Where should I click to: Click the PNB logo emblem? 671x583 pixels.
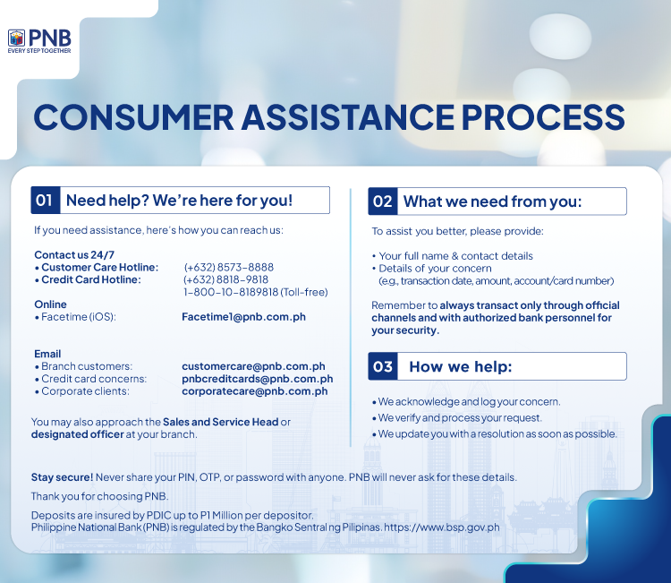pyautogui.click(x=16, y=38)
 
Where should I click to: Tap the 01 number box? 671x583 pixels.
pyautogui.click(x=45, y=200)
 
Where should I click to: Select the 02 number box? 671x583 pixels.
pyautogui.click(x=382, y=201)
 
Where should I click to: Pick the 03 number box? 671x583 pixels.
pyautogui.click(x=382, y=366)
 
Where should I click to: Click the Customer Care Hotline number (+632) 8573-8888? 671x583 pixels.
pyautogui.click(x=228, y=267)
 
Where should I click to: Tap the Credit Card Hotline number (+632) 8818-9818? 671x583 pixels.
pyautogui.click(x=225, y=279)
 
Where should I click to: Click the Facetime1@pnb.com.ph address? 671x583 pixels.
pyautogui.click(x=243, y=316)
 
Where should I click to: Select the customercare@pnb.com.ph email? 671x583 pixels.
pyautogui.click(x=253, y=366)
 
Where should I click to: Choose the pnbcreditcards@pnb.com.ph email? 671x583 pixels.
pyautogui.click(x=257, y=379)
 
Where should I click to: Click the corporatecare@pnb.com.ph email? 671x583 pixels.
pyautogui.click(x=254, y=391)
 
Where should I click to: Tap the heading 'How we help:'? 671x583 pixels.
pyautogui.click(x=460, y=366)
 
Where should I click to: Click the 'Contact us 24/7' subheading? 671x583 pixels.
pyautogui.click(x=74, y=255)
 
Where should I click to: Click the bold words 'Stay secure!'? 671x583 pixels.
pyautogui.click(x=55, y=477)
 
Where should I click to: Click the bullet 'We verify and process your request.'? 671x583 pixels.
pyautogui.click(x=459, y=417)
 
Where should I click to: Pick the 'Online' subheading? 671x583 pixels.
pyautogui.click(x=50, y=304)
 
